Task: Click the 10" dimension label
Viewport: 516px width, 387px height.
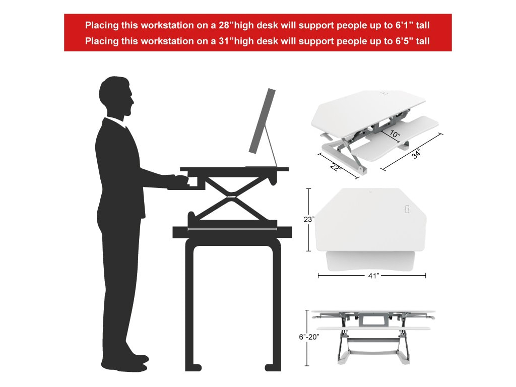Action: click(395, 135)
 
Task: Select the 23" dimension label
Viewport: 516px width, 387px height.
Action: click(309, 219)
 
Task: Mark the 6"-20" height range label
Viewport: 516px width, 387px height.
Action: click(309, 337)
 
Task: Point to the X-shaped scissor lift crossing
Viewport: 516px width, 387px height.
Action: click(231, 194)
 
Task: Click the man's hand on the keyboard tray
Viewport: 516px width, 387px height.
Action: click(180, 180)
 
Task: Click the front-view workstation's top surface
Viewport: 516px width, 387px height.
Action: click(373, 312)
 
